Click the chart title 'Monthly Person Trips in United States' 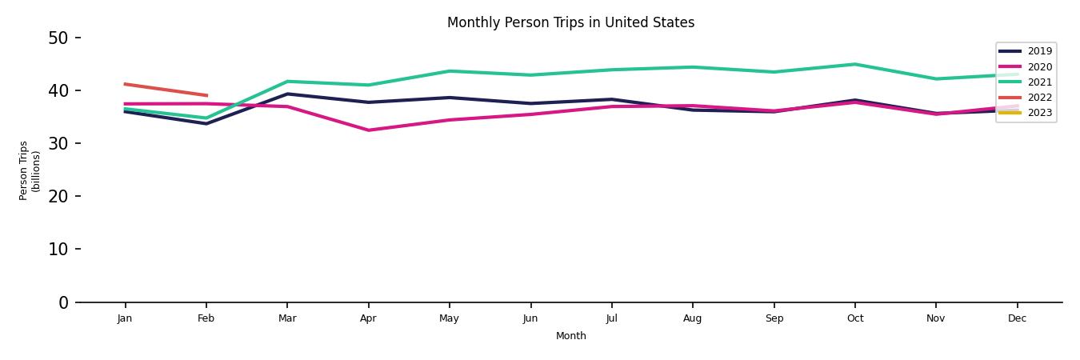tap(570, 22)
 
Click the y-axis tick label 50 tap(58, 38)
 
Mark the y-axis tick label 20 tap(58, 196)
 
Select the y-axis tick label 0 tap(63, 302)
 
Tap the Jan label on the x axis tap(125, 318)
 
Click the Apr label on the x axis tap(368, 318)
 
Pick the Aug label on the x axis tap(692, 318)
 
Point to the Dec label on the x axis tap(1017, 318)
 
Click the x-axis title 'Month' tap(571, 336)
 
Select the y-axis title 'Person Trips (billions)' tap(30, 170)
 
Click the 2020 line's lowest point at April tap(368, 130)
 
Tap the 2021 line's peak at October tap(854, 64)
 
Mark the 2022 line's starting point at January tap(125, 84)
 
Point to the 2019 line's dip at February tap(206, 124)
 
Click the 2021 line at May tap(450, 71)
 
